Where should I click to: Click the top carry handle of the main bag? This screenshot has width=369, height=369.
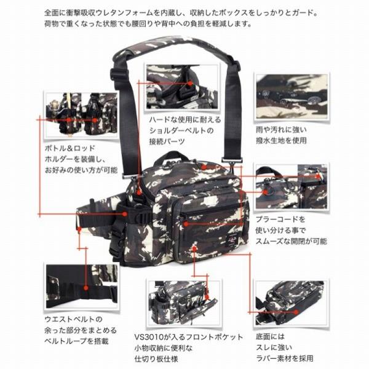[x=197, y=161]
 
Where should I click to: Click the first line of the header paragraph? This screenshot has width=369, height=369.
[x=184, y=12]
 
